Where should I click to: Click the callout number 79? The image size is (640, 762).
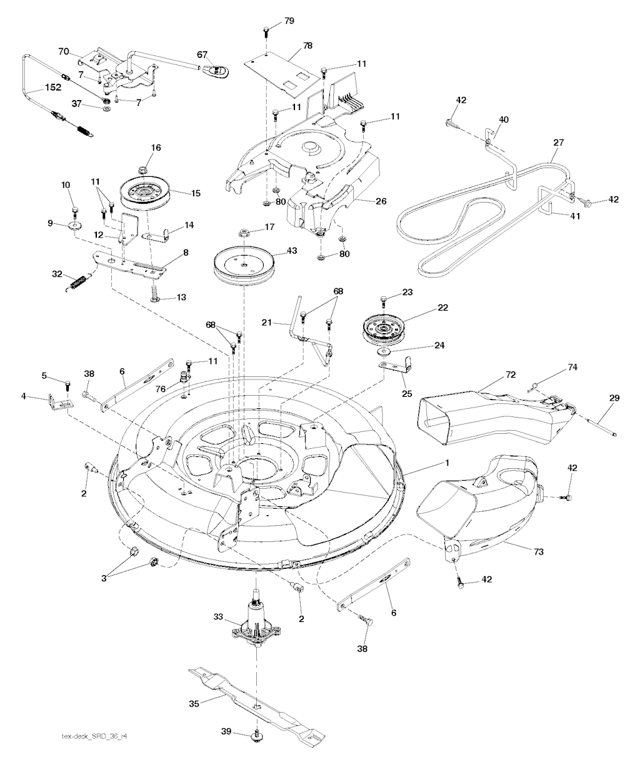(289, 21)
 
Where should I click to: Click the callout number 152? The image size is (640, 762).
(52, 88)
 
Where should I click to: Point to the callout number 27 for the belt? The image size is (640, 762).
(558, 143)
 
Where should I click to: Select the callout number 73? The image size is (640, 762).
(539, 552)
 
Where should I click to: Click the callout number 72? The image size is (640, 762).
(511, 374)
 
